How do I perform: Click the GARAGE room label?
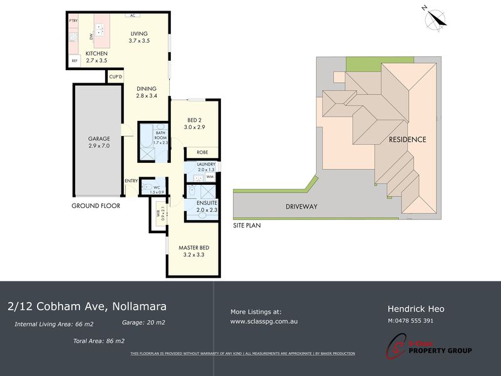click(99, 138)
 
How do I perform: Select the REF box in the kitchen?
click(74, 61)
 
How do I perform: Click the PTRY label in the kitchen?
click(73, 21)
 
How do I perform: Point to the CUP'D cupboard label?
click(116, 76)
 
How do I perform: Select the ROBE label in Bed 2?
click(202, 152)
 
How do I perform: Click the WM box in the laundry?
click(210, 178)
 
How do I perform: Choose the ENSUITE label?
click(206, 204)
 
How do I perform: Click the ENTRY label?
click(131, 181)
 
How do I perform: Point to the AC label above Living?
click(132, 16)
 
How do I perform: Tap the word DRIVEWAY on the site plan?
click(302, 207)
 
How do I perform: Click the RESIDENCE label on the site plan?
click(407, 139)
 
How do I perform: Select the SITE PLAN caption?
click(247, 224)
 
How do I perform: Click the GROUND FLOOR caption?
click(96, 206)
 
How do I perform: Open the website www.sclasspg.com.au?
click(264, 321)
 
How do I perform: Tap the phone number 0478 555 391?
click(413, 321)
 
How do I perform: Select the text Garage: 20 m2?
click(143, 322)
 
